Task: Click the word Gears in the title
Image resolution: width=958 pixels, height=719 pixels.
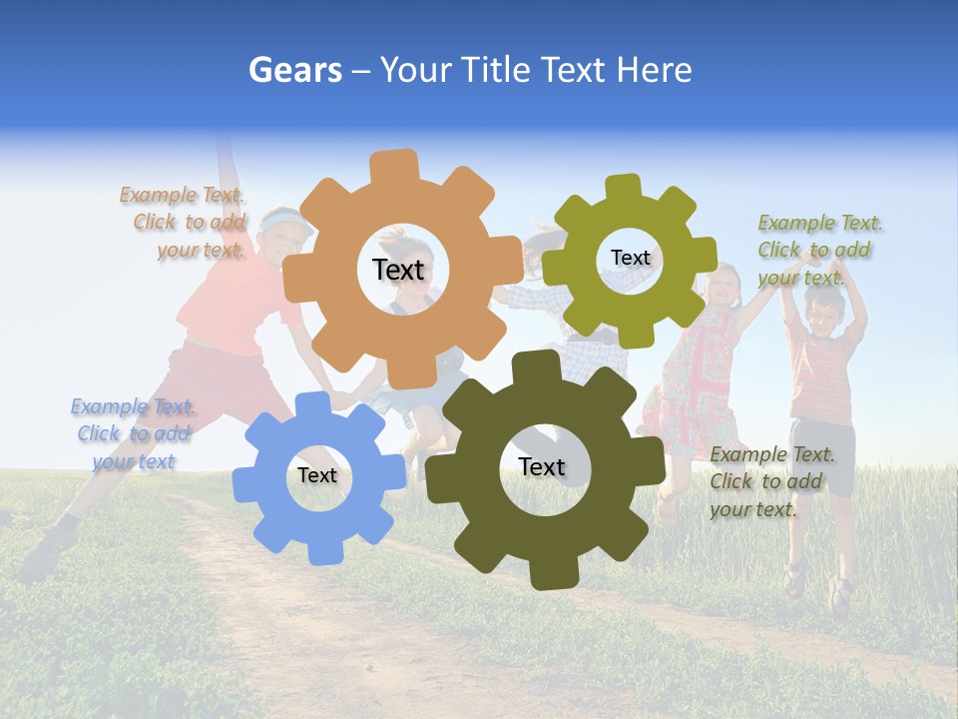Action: click(x=294, y=70)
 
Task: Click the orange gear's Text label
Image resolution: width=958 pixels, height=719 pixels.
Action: click(x=398, y=270)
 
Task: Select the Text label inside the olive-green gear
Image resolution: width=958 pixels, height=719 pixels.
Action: click(x=630, y=258)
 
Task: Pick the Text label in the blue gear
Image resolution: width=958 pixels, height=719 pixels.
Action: click(x=317, y=475)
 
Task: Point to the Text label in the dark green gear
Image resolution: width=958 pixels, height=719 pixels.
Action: click(x=542, y=466)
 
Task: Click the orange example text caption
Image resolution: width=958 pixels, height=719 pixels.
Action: click(x=184, y=223)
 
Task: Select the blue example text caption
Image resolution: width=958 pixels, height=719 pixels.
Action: click(x=133, y=434)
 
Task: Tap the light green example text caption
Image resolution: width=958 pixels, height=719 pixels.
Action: click(x=818, y=250)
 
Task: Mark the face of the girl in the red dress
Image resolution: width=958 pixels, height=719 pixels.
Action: click(x=721, y=289)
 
